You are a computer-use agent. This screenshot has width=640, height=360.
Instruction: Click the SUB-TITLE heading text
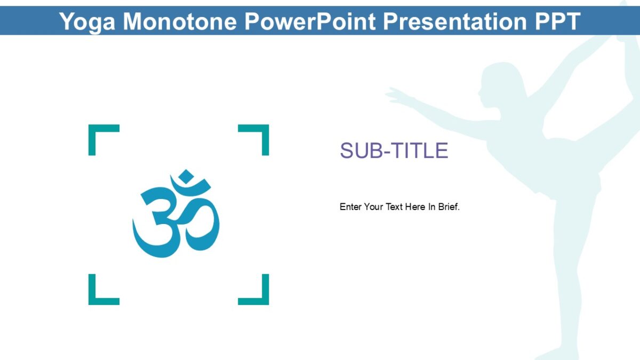[x=394, y=151]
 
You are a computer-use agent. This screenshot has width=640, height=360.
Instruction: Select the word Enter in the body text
[x=350, y=207]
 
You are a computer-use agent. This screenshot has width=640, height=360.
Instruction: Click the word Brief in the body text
[x=449, y=207]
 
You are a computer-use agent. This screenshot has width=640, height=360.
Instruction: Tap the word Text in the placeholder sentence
[x=394, y=207]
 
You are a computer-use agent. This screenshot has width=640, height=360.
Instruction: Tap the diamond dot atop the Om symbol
[x=186, y=176]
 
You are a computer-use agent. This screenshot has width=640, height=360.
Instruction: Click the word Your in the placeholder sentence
[x=373, y=207]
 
